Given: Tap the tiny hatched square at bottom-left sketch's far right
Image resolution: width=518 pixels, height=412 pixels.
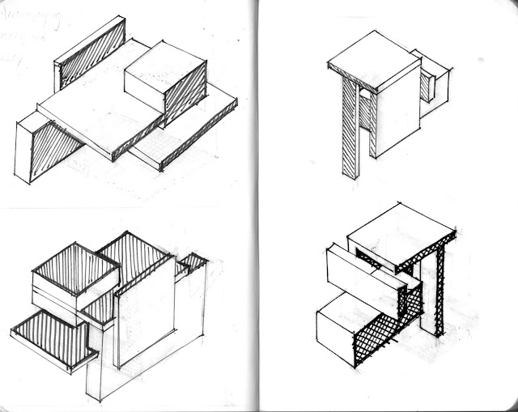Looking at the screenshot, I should point(193,262).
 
